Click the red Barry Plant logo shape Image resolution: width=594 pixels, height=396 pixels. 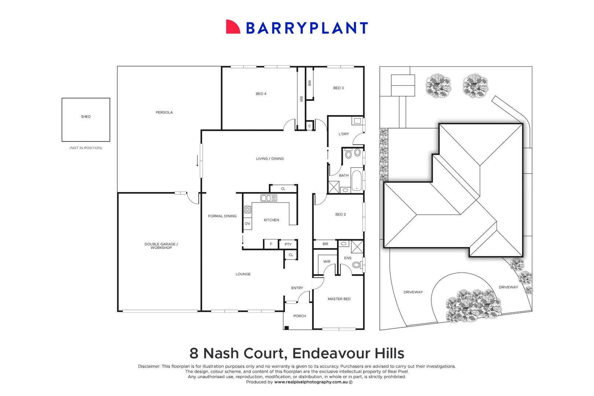232,27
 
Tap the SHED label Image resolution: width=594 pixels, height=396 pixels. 86,117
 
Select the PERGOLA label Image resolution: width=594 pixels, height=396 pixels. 164,112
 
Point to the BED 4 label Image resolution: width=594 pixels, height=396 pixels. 261,94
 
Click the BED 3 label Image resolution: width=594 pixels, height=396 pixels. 338,88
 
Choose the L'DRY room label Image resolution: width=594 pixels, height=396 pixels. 344,134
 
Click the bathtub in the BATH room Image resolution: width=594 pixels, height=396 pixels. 356,180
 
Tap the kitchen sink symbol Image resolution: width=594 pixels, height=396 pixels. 268,198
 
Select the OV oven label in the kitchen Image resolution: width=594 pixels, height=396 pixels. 247,223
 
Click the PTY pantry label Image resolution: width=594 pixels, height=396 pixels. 288,244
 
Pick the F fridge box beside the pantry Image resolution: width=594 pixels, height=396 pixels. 271,244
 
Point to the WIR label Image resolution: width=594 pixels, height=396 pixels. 327,261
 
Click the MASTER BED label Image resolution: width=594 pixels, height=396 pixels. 339,299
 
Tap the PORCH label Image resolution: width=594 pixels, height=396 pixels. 300,316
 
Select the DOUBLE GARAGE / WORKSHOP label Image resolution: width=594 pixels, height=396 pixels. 161,246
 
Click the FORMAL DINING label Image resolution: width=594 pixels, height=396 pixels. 222,216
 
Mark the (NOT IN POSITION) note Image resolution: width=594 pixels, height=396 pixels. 86,148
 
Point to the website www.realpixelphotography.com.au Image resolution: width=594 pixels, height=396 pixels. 311,382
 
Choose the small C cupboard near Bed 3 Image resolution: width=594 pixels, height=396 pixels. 310,126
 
